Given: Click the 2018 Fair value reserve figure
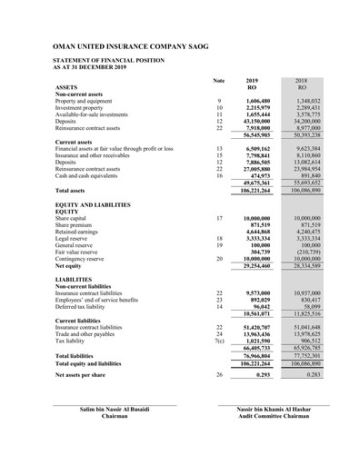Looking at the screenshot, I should [x=306, y=252].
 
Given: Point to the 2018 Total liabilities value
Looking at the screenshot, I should [x=306, y=356].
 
